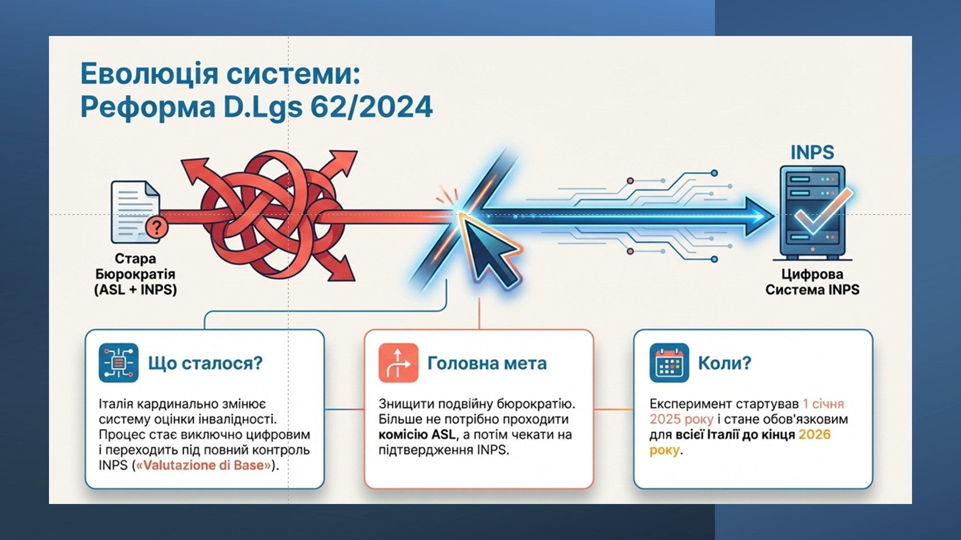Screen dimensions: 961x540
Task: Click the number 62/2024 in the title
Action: (371, 107)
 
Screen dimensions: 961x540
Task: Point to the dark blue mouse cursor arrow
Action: (493, 253)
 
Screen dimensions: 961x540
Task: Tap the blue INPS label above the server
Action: (812, 152)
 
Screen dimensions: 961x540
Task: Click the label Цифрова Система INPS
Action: (812, 282)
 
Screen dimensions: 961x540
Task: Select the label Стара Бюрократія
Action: (135, 266)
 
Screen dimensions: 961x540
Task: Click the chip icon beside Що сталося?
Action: (118, 363)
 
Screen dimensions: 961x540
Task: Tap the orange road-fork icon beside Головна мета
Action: (398, 363)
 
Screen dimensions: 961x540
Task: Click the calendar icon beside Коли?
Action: (669, 363)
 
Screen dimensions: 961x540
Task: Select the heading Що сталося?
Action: (205, 363)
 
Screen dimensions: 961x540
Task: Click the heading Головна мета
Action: (487, 363)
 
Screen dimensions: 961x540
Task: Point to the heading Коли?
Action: (725, 363)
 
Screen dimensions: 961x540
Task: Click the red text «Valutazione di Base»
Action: (204, 465)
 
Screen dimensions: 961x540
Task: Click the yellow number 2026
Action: (814, 435)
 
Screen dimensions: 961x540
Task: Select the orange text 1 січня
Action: (823, 404)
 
